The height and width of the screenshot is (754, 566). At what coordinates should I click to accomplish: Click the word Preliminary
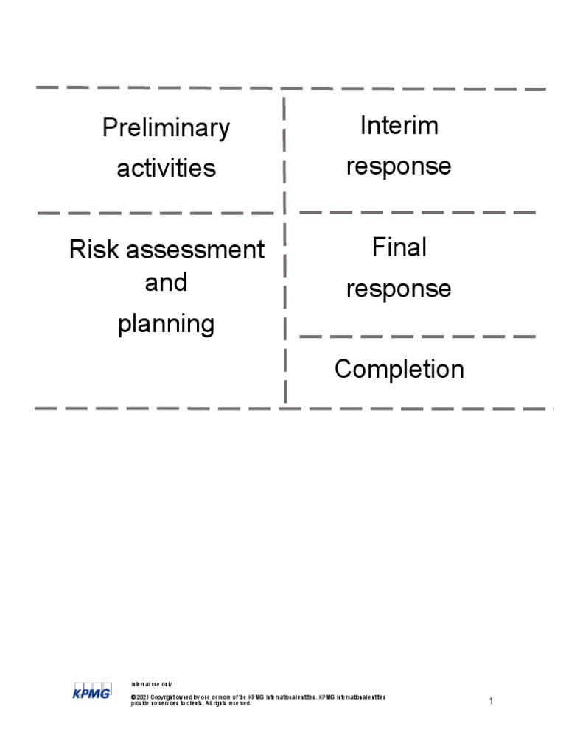pyautogui.click(x=166, y=128)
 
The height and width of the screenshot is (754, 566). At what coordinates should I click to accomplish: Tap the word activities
pyautogui.click(x=166, y=168)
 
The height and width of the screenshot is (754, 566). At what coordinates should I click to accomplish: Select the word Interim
pyautogui.click(x=399, y=126)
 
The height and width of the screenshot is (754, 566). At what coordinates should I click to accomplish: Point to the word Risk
pyautogui.click(x=95, y=250)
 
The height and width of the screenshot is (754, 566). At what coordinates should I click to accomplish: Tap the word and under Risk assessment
pyautogui.click(x=166, y=283)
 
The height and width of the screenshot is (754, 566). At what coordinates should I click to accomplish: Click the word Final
pyautogui.click(x=399, y=248)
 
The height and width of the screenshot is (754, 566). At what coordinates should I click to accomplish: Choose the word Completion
pyautogui.click(x=399, y=369)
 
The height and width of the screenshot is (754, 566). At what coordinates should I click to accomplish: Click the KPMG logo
pyautogui.click(x=91, y=691)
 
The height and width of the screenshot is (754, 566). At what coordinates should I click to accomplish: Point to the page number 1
pyautogui.click(x=491, y=702)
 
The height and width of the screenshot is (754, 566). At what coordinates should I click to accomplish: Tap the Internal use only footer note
pyautogui.click(x=151, y=685)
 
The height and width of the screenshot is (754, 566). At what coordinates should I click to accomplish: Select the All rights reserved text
pyautogui.click(x=228, y=703)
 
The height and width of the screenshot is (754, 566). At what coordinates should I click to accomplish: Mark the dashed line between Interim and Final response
pyautogui.click(x=416, y=213)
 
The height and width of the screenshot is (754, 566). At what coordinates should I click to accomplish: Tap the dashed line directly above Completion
pyautogui.click(x=416, y=337)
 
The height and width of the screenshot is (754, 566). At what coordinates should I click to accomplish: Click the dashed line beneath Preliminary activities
pyautogui.click(x=155, y=214)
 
